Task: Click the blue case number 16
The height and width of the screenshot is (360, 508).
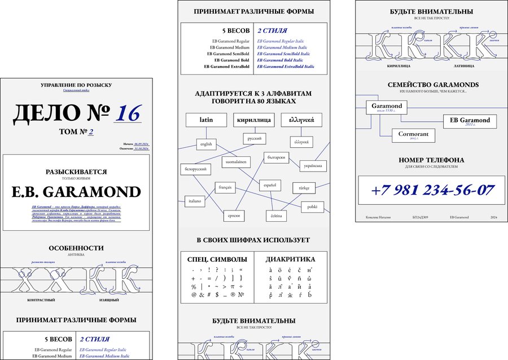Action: (x=127, y=113)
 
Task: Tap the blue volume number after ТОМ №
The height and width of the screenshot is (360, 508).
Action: (x=90, y=133)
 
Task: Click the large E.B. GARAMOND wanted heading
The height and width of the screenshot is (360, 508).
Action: (x=76, y=192)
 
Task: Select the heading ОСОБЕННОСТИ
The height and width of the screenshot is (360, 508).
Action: (x=76, y=248)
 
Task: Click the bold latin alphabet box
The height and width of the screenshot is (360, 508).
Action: (x=206, y=120)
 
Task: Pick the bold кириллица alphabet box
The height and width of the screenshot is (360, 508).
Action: (x=253, y=120)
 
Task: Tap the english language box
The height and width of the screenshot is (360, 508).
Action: (x=206, y=144)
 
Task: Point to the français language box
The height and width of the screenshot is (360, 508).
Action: (x=224, y=187)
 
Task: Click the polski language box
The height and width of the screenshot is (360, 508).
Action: (x=312, y=207)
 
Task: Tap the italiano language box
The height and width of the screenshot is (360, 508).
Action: (x=194, y=200)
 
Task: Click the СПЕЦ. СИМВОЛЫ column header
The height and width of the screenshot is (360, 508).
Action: (x=217, y=260)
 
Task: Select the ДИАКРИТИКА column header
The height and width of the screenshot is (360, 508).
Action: (x=290, y=260)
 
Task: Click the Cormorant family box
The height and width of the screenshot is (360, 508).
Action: (x=413, y=135)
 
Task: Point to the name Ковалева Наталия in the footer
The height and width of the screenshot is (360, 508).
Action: (x=378, y=217)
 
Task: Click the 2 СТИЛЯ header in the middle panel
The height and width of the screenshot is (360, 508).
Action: (x=272, y=30)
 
